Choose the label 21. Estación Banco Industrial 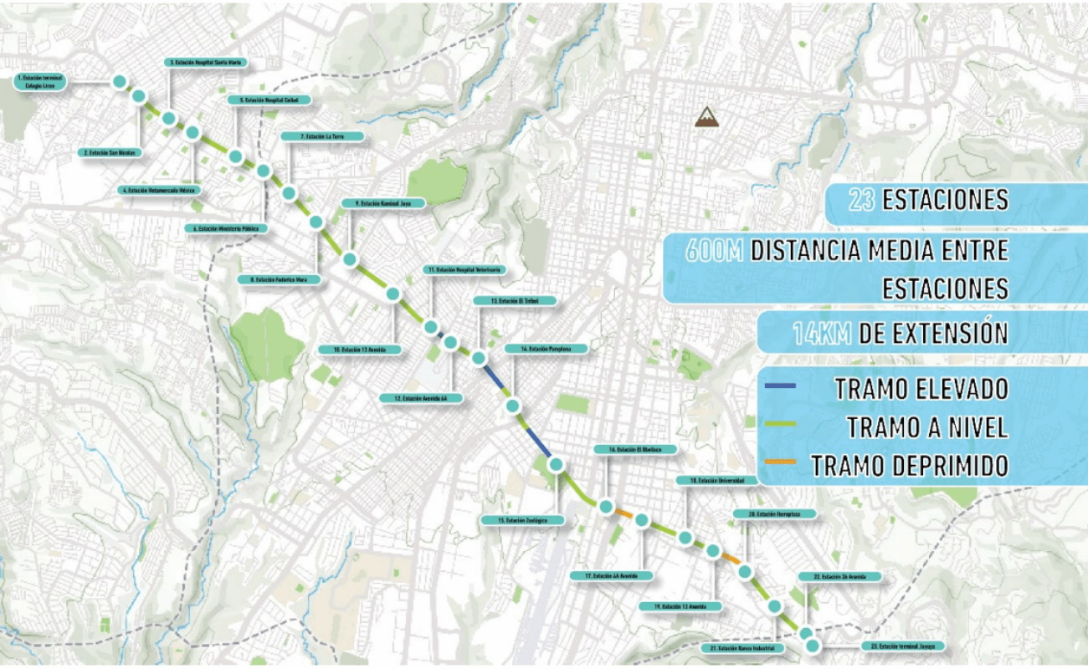pyautogui.click(x=742, y=648)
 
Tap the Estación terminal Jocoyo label pyautogui.click(x=902, y=646)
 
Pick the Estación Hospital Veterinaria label pyautogui.click(x=462, y=270)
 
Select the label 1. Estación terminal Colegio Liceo pyautogui.click(x=39, y=81)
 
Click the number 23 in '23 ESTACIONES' pyautogui.click(x=861, y=201)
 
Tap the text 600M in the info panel pyautogui.click(x=714, y=249)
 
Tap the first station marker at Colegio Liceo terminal pyautogui.click(x=119, y=81)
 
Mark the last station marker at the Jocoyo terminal pyautogui.click(x=811, y=646)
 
